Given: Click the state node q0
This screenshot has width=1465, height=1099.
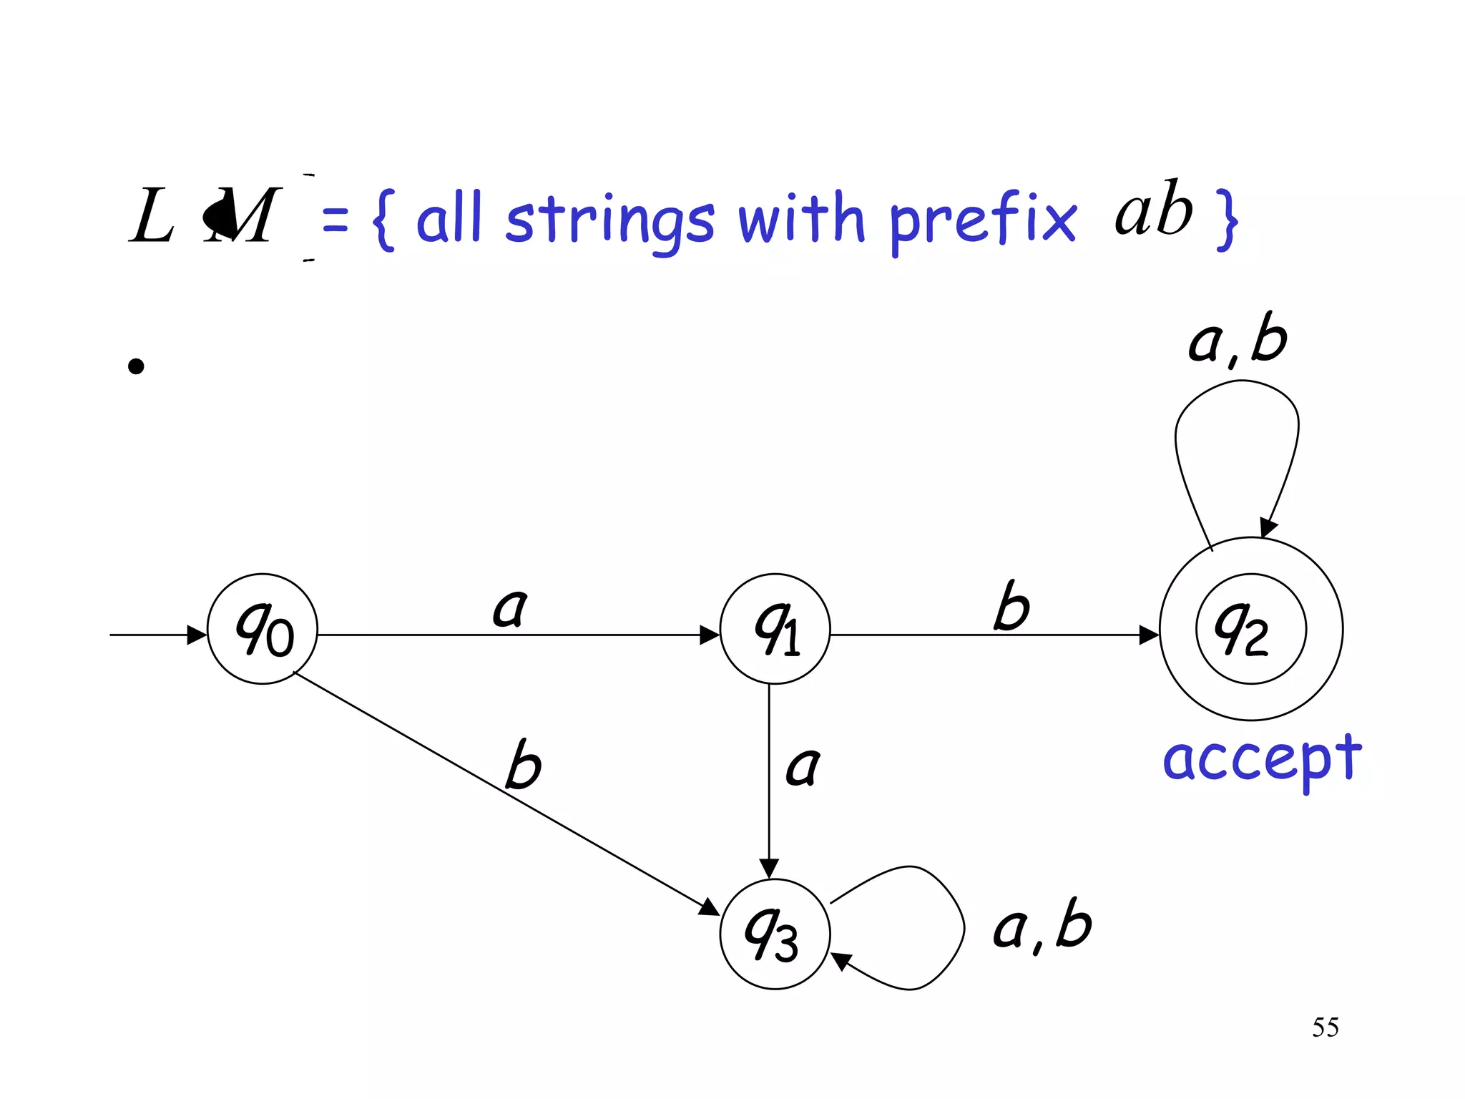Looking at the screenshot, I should point(263,629).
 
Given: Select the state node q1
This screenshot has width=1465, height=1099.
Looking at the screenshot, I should point(775,629).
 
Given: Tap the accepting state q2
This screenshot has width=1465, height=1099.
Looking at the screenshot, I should point(1250,629).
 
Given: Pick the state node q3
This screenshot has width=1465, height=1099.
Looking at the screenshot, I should point(775,934).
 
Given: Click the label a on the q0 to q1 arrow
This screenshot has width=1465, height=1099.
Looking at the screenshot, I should point(510,609).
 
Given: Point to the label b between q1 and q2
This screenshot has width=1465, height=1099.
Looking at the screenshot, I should point(1011,607).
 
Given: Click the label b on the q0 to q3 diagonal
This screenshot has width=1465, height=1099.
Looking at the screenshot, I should point(523,765).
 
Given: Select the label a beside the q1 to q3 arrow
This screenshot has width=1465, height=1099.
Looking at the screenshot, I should point(803,767).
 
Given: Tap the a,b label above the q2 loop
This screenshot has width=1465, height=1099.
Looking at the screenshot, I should point(1238,341).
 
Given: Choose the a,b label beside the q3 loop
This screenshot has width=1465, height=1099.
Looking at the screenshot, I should point(1042,927).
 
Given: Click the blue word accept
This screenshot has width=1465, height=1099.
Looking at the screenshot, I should point(1262,761).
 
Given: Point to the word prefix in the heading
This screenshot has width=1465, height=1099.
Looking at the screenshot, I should point(982,220).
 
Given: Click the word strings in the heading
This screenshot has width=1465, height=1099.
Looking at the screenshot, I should point(609,221).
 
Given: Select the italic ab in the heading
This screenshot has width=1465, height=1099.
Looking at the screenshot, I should point(1153,211).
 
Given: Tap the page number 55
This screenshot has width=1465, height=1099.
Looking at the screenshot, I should point(1325,1027).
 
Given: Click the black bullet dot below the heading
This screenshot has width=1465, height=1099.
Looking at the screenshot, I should point(136,366).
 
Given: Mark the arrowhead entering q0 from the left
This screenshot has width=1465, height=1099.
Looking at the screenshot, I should point(197,635).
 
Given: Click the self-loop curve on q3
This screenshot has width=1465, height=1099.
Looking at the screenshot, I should point(963,927).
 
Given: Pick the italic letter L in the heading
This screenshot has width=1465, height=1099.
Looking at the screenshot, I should point(152,216).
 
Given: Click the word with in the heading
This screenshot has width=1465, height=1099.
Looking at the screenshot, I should point(801,218).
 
